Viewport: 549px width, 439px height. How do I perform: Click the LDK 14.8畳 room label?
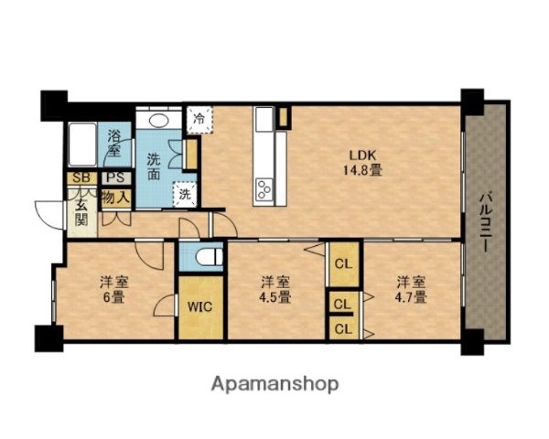pyautogui.click(x=362, y=163)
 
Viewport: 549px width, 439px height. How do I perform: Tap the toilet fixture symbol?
pyautogui.click(x=209, y=257)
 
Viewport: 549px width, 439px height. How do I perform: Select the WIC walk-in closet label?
pyautogui.click(x=199, y=306)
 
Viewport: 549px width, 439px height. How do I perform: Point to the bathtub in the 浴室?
pyautogui.click(x=82, y=145)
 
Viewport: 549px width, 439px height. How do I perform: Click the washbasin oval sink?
pyautogui.click(x=159, y=121)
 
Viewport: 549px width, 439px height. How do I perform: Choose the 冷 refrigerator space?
pyautogui.click(x=199, y=120)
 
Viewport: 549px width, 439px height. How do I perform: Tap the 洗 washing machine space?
pyautogui.click(x=185, y=194)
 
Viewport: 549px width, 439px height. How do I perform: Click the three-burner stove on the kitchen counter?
pyautogui.click(x=264, y=189)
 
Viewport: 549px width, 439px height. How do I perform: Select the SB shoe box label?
pyautogui.click(x=82, y=177)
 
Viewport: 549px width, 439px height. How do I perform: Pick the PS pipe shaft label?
pyautogui.click(x=116, y=177)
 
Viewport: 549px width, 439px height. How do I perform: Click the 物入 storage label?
pyautogui.click(x=116, y=198)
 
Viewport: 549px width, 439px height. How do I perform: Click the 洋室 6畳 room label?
pyautogui.click(x=114, y=290)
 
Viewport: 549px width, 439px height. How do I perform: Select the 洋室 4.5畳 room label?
pyautogui.click(x=275, y=290)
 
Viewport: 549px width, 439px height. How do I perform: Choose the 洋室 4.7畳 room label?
pyautogui.click(x=411, y=290)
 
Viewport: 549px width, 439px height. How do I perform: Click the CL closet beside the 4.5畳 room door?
pyautogui.click(x=344, y=263)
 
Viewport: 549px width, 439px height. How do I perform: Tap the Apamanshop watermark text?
pyautogui.click(x=274, y=384)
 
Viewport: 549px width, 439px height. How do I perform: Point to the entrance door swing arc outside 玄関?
pyautogui.click(x=49, y=215)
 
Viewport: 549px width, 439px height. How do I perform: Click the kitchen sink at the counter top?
pyautogui.click(x=264, y=119)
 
